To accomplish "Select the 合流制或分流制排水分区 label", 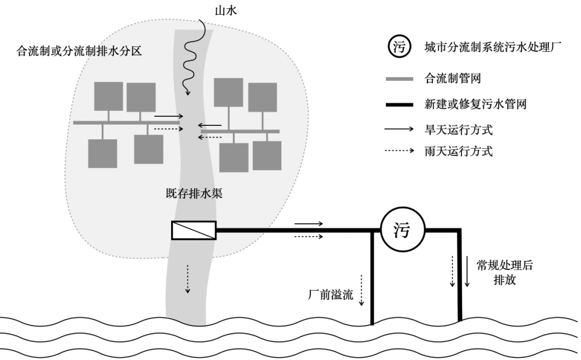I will [79, 52].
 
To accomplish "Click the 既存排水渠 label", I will [194, 193].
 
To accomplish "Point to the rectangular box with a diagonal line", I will [194, 230].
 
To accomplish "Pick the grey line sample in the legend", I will [399, 79].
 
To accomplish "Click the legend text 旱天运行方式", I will [458, 130].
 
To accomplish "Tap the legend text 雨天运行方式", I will [458, 151].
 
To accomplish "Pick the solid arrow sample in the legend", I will [399, 130].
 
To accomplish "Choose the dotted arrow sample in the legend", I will [399, 151].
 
